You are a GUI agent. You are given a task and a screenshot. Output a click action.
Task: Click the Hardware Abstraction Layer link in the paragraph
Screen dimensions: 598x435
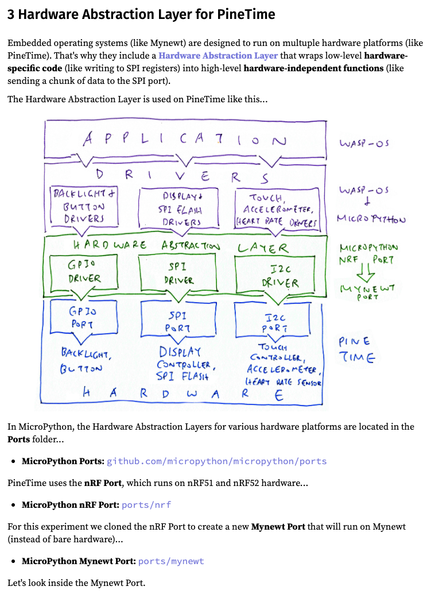pos(218,56)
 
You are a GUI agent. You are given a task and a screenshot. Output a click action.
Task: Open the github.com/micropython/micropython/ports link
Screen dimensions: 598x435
pos(216,461)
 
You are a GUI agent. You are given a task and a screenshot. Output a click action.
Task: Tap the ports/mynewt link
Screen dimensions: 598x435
pos(171,561)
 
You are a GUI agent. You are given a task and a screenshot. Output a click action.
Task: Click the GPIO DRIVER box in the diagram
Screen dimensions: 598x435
pos(84,271)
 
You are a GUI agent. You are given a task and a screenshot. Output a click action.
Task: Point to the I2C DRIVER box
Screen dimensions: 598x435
pos(279,274)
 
